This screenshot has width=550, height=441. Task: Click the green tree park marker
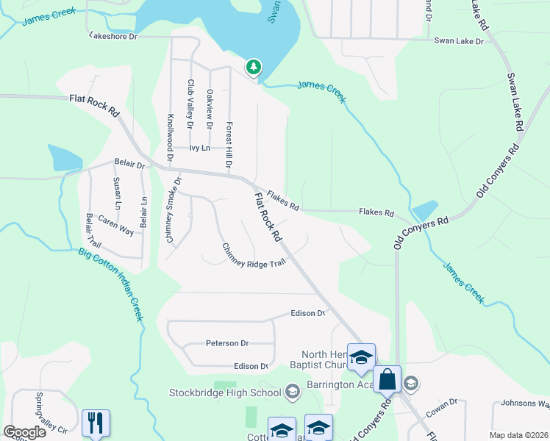[x=254, y=68]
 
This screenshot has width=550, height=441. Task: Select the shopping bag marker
[x=387, y=379]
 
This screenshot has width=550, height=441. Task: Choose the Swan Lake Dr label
[x=458, y=41]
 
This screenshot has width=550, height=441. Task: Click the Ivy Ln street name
[x=199, y=148]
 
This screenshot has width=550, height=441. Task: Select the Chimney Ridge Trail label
[x=253, y=254]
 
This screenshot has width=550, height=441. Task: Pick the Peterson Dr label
[x=227, y=343]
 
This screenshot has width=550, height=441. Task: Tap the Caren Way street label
[x=116, y=226]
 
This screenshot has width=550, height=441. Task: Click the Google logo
[x=24, y=432]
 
